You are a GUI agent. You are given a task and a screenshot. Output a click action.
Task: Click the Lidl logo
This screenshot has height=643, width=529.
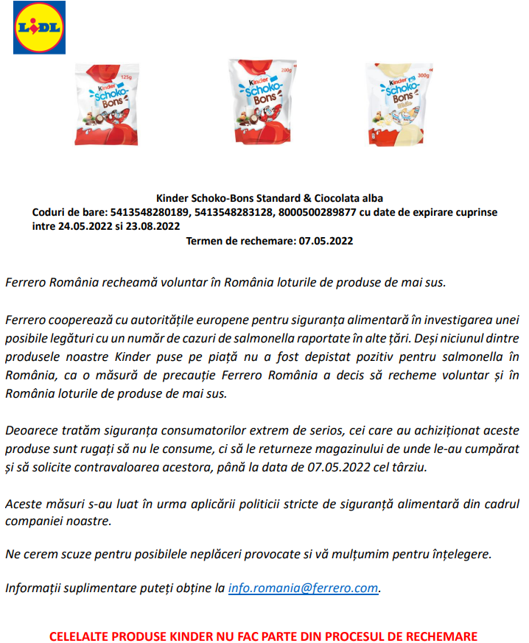point(39,27)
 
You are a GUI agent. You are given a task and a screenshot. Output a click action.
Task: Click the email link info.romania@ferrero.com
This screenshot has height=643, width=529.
point(304,588)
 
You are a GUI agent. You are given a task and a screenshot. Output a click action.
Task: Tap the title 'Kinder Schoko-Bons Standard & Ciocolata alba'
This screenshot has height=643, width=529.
point(269,198)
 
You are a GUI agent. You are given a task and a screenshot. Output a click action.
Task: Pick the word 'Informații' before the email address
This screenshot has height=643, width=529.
point(32,588)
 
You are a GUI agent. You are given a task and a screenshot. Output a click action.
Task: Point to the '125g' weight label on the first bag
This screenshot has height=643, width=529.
point(126,77)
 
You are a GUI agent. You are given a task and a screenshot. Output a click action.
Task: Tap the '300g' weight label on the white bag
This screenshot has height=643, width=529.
point(422,75)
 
